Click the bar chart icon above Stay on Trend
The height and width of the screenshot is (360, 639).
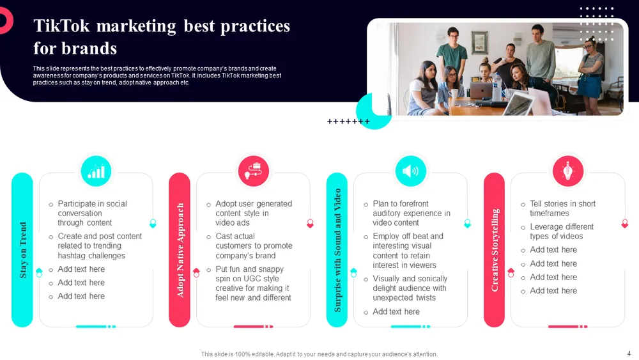pos(96,171)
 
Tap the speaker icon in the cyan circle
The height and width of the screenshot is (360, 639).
pos(410,171)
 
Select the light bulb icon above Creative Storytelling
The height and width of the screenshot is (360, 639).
pos(567,171)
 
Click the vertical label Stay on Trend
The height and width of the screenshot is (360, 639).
pos(23,250)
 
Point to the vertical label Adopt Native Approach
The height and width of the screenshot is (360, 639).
pos(180,250)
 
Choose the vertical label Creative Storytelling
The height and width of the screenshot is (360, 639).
pos(495,250)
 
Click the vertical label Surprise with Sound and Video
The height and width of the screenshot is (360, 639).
pos(337,250)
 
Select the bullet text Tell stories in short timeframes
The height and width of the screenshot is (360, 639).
pos(562,208)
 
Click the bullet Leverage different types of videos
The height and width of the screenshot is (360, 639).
pos(562,231)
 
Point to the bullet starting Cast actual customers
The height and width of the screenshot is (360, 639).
pos(254,246)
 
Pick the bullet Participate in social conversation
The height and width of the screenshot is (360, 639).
pos(92,213)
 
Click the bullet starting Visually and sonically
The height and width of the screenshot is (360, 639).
pos(410,288)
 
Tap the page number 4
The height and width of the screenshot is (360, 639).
pos(629,354)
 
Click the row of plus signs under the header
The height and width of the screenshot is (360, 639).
pos(348,121)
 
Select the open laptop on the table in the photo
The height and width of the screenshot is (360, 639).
pos(481,90)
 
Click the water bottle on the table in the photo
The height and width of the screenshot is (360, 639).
pos(497,87)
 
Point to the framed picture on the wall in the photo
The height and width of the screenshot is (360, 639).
pos(479,42)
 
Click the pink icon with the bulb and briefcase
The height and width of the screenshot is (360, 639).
pos(254,171)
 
